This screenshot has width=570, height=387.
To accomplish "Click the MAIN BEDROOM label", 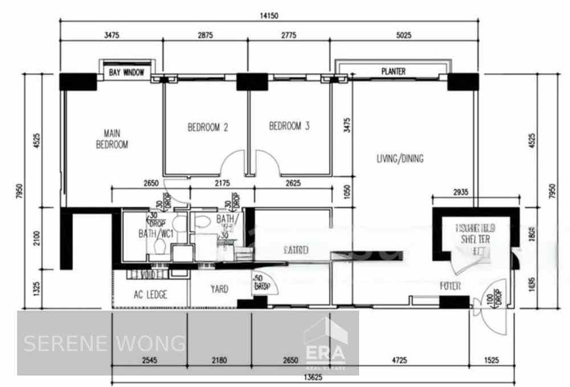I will click(x=112, y=139).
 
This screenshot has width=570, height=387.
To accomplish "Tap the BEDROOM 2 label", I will click(x=208, y=128).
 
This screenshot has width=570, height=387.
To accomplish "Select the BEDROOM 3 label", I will click(x=289, y=127).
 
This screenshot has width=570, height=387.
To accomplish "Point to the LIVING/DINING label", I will click(x=400, y=159).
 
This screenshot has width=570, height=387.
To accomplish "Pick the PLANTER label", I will click(x=393, y=72).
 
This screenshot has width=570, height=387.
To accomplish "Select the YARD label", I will click(x=219, y=290).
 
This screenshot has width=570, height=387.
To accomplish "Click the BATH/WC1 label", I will click(x=156, y=234).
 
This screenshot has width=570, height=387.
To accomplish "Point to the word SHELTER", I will click(x=476, y=240).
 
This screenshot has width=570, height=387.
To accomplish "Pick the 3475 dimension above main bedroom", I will click(x=111, y=35).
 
